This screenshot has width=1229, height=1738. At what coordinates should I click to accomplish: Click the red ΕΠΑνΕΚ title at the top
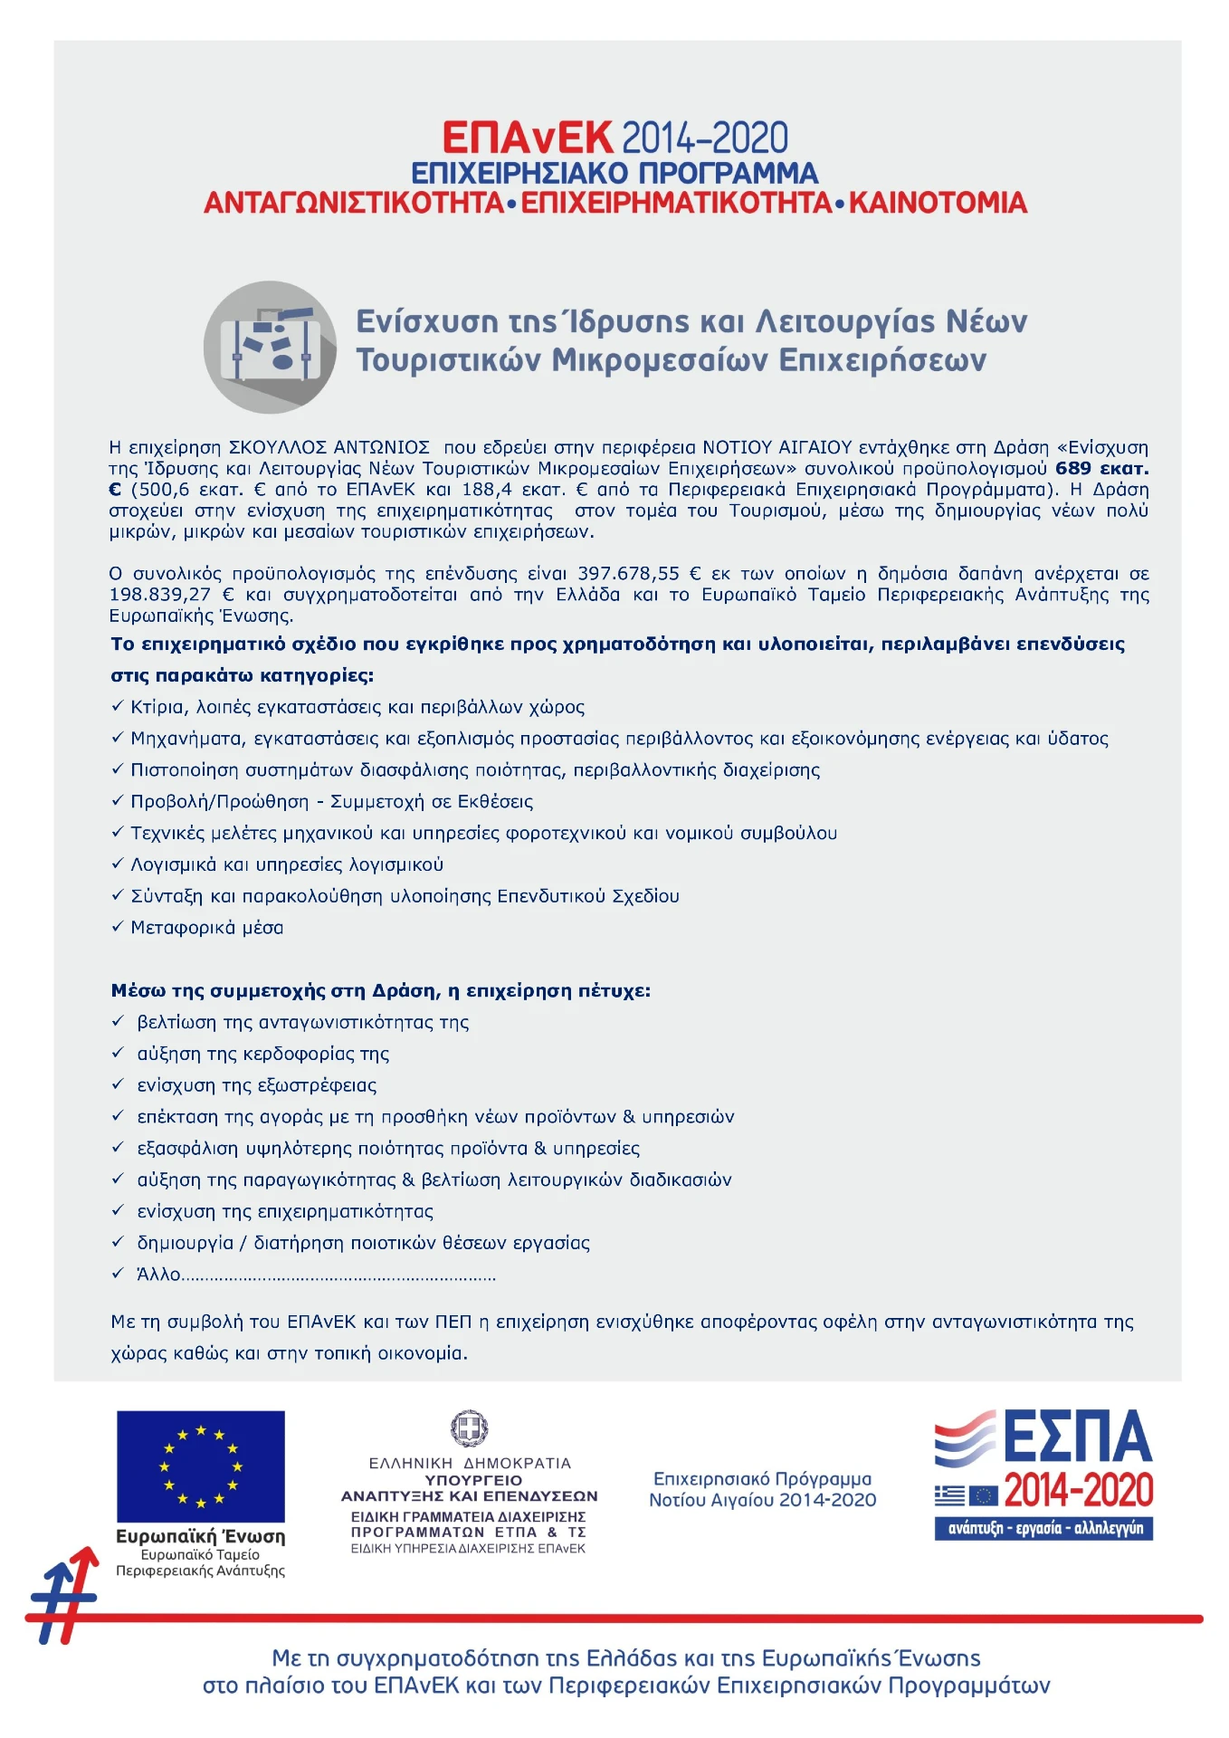coord(527,138)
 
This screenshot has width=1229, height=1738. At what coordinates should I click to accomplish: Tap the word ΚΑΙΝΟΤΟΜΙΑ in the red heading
coord(937,203)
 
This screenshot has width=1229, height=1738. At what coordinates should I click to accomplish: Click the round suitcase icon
coord(270,347)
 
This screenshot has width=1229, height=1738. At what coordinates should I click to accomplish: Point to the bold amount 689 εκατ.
coord(1101,468)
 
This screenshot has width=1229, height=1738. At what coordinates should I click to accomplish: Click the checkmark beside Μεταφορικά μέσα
coord(117,927)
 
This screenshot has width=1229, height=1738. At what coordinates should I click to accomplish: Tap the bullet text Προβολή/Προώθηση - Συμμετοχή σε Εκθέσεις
coord(331,801)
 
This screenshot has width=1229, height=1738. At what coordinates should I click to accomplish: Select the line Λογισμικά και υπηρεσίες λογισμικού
coord(287,864)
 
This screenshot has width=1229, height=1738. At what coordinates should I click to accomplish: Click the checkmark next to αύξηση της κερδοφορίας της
coord(117,1053)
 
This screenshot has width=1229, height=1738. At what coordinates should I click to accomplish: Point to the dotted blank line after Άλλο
coord(338,1276)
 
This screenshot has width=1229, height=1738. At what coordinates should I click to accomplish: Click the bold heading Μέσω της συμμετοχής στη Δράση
coord(380,990)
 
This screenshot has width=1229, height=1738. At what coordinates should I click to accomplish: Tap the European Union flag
coord(200,1466)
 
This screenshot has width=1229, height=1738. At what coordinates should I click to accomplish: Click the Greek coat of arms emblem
coord(469,1429)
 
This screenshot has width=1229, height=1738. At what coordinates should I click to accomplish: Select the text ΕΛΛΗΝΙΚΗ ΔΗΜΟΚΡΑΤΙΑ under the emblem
coord(469,1463)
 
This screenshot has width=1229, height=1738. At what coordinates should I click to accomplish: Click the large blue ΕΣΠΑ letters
coord(1077,1437)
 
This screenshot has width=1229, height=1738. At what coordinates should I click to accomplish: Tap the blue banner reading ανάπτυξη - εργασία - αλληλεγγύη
coord(1043,1529)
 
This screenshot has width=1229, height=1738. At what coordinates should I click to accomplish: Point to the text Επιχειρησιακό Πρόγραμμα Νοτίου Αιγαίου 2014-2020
coord(762,1489)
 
